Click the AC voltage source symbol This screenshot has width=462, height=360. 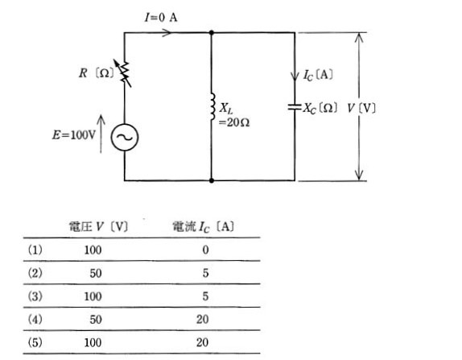125,138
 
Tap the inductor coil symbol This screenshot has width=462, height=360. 212,107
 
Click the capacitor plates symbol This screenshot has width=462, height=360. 295,107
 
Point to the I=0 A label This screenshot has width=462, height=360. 161,18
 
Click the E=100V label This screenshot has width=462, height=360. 74,135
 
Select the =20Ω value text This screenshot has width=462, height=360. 234,122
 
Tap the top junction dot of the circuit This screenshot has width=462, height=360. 211,32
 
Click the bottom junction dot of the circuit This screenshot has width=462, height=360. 211,180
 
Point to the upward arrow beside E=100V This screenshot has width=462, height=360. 101,134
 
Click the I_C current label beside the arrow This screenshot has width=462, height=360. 318,75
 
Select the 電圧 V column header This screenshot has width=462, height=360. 98,227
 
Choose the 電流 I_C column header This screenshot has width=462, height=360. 204,227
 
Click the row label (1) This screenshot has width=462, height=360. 35,250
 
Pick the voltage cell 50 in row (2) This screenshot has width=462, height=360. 96,273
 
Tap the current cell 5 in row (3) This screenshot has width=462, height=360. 205,296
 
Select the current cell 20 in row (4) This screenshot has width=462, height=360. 202,319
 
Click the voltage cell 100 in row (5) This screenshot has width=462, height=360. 93,342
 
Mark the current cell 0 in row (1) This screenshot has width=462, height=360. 205,250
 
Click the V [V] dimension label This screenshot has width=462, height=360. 361,109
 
